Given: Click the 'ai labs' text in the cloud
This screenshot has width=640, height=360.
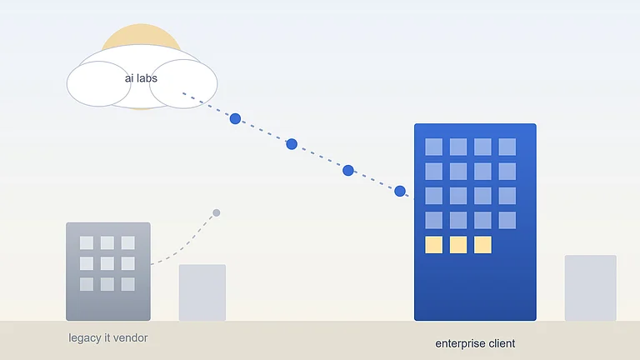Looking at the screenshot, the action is (x=141, y=78).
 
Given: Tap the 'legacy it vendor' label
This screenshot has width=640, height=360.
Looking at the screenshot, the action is (x=107, y=338).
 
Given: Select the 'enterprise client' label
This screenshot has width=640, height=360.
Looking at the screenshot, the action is (x=475, y=343).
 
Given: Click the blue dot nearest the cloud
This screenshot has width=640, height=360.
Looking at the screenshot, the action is (x=235, y=119).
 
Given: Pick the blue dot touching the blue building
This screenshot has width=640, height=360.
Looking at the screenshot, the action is (x=400, y=191).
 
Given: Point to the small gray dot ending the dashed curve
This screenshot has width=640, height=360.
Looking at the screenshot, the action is (x=217, y=212).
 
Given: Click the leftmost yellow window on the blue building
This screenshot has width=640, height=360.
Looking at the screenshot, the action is (x=433, y=245).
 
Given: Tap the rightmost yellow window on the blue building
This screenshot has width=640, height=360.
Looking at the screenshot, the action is (x=482, y=245).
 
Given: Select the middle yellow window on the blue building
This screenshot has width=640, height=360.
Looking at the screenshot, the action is (x=458, y=245).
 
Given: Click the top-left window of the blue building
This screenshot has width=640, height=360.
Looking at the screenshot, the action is (x=433, y=147).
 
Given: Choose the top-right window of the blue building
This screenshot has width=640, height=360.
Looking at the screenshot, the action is (x=507, y=147).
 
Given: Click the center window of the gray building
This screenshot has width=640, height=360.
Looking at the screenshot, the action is (x=107, y=263).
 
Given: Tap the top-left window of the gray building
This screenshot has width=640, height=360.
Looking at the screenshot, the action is (x=87, y=242).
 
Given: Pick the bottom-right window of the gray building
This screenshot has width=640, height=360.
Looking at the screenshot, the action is (x=128, y=284).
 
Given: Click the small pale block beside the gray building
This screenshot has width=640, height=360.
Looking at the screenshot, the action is (x=202, y=292).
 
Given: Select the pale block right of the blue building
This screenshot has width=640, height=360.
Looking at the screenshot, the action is (x=591, y=288).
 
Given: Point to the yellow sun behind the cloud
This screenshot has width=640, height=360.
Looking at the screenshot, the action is (x=141, y=34).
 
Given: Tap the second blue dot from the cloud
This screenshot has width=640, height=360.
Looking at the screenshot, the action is (x=292, y=144).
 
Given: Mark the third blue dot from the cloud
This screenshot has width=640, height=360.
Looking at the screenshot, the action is (x=348, y=170).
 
